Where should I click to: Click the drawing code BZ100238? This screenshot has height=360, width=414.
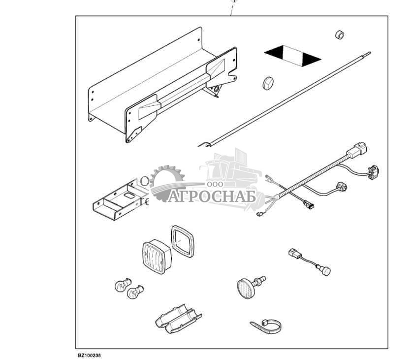click(x=89, y=355)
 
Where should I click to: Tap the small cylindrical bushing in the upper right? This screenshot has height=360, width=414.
click(x=340, y=34)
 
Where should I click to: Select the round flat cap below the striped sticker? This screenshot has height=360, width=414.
click(x=268, y=83)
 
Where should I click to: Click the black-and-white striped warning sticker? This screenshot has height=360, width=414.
click(x=292, y=56)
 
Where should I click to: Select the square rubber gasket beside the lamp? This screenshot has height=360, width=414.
click(x=183, y=241)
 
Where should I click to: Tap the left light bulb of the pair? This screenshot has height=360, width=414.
click(x=123, y=285)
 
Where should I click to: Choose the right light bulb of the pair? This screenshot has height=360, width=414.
click(x=135, y=292)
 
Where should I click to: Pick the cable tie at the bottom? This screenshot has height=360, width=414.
click(x=266, y=327)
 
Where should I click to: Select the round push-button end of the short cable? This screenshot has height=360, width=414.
click(x=326, y=271)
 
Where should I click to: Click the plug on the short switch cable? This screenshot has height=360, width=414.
click(x=295, y=253)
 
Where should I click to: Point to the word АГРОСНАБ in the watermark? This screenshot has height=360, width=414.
click(x=212, y=196)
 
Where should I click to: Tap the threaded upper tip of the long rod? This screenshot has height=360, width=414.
click(x=368, y=54)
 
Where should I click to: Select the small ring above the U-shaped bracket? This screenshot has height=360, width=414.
click(x=144, y=181)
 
